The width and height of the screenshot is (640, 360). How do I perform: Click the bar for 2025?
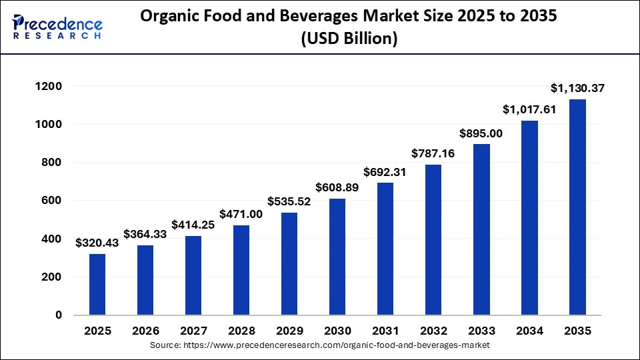(x=97, y=284)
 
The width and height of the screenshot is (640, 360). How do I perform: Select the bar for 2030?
(x=337, y=257)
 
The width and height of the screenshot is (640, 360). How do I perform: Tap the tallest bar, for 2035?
(x=577, y=207)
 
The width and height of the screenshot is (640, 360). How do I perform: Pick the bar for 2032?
(x=433, y=239)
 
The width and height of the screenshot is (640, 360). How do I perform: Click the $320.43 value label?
(x=97, y=243)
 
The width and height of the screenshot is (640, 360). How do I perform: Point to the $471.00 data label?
(x=241, y=215)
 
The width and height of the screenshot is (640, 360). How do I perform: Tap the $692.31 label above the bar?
(x=385, y=172)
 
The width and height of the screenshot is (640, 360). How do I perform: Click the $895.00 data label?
(x=481, y=133)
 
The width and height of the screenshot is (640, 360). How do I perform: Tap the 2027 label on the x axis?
(x=193, y=331)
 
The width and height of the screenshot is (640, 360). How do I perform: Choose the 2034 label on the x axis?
(x=529, y=331)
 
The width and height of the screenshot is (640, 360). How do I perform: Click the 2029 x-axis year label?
(x=289, y=331)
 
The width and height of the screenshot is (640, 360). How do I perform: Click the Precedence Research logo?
(x=57, y=27)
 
